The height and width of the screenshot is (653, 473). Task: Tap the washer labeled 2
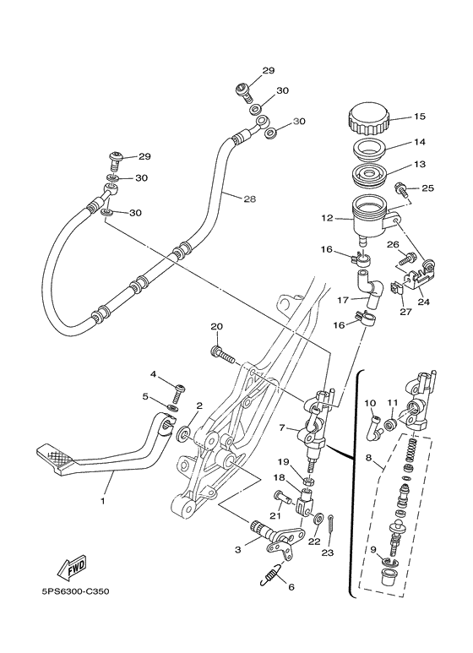[183, 437]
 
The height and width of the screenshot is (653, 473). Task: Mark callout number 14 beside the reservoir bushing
[419, 144]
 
